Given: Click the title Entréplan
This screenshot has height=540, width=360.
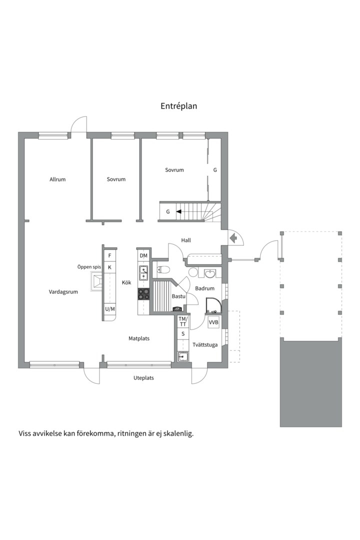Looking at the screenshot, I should pos(179,106).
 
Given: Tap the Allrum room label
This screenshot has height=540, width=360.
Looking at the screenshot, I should pos(57,179).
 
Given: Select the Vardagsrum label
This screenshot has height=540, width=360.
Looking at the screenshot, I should pos(63,292).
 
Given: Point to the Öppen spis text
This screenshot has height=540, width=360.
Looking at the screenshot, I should pos(89,267).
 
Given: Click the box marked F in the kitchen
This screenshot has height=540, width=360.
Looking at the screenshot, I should pos(109,256).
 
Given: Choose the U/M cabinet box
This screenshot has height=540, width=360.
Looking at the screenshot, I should pos(109,309).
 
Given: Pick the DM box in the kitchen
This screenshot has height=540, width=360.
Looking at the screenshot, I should pos(143,256).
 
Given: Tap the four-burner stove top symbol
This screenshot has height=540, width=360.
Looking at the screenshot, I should pos(144,294).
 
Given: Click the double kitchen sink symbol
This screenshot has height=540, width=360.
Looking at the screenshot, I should pos(144,272).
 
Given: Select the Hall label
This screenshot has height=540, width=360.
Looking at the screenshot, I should pos(186,240).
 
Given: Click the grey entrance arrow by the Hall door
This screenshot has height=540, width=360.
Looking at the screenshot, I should pos(233,238).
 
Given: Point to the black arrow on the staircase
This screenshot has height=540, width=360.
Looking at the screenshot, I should pos(178,211).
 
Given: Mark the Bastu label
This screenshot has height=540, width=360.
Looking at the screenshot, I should pos(178,296).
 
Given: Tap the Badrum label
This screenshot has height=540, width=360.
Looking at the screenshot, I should pos(205,288).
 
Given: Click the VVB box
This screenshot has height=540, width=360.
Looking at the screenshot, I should pos(214,322).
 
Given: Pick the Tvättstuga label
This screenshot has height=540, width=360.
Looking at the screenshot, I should pos(205,344).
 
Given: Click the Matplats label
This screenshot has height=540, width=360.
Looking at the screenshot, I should pos(139,338).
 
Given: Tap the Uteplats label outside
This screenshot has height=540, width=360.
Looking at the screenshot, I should pos(143,378).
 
